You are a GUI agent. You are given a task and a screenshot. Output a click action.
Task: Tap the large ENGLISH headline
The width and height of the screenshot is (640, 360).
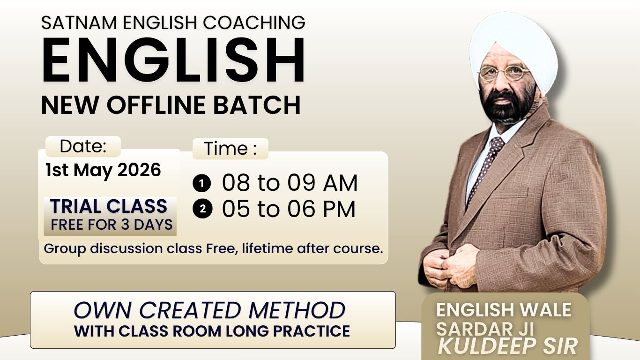tap(173, 60)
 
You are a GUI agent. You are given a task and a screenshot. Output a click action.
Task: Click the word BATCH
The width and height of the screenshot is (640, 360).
tap(265, 105)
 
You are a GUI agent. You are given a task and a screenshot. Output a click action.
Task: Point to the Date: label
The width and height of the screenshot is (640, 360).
tap(83, 147)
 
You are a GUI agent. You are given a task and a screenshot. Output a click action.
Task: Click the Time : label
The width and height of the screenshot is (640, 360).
tap(231, 149)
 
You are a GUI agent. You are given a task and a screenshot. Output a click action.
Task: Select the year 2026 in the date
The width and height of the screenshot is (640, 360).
tap(139, 170)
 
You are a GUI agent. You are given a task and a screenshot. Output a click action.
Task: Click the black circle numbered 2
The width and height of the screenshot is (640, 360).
tap(202, 210)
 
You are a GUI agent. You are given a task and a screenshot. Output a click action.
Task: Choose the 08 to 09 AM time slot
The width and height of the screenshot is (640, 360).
tap(290, 183)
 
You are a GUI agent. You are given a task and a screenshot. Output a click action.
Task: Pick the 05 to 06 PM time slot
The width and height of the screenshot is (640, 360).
tap(289, 209)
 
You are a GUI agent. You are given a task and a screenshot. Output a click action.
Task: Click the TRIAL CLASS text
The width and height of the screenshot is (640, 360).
tap(109, 207)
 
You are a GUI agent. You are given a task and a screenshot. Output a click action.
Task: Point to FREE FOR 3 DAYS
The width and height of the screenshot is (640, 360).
tap(112, 225)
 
